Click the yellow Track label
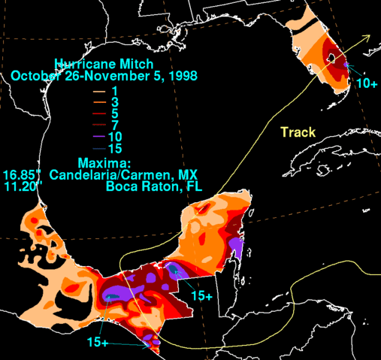(x=298, y=133)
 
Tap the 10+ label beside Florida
(x=366, y=83)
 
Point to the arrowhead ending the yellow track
(x=367, y=35)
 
